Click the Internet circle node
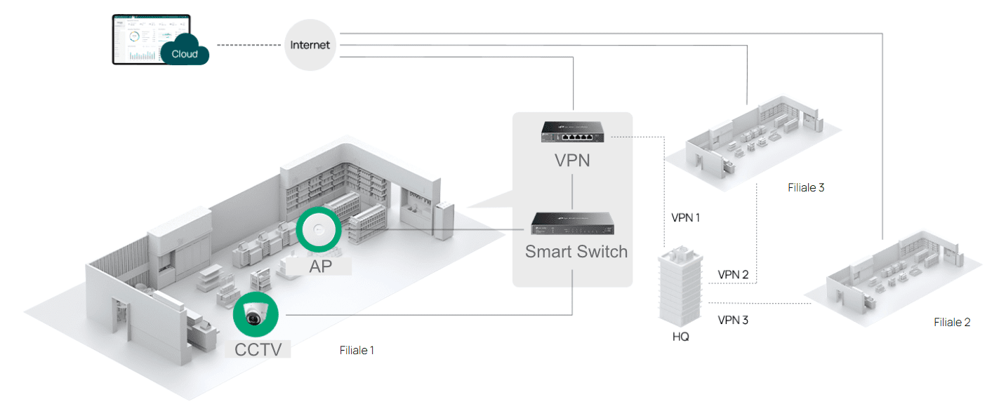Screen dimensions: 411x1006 point(310,45)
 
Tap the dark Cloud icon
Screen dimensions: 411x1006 point(185,52)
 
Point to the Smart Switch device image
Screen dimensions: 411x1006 point(573,222)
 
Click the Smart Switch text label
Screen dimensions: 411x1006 point(576,251)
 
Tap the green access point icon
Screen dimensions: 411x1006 point(319,229)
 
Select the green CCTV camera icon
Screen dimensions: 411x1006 point(256,316)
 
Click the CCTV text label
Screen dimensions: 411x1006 point(258,349)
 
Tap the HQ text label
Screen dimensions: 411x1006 point(680,337)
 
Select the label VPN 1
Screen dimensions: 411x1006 point(686,217)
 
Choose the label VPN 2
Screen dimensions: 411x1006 point(733,275)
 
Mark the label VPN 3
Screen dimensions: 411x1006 point(733,321)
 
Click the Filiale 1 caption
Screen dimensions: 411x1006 point(357,350)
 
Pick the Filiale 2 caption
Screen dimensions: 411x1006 point(952,323)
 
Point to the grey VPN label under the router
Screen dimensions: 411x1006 point(573,161)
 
